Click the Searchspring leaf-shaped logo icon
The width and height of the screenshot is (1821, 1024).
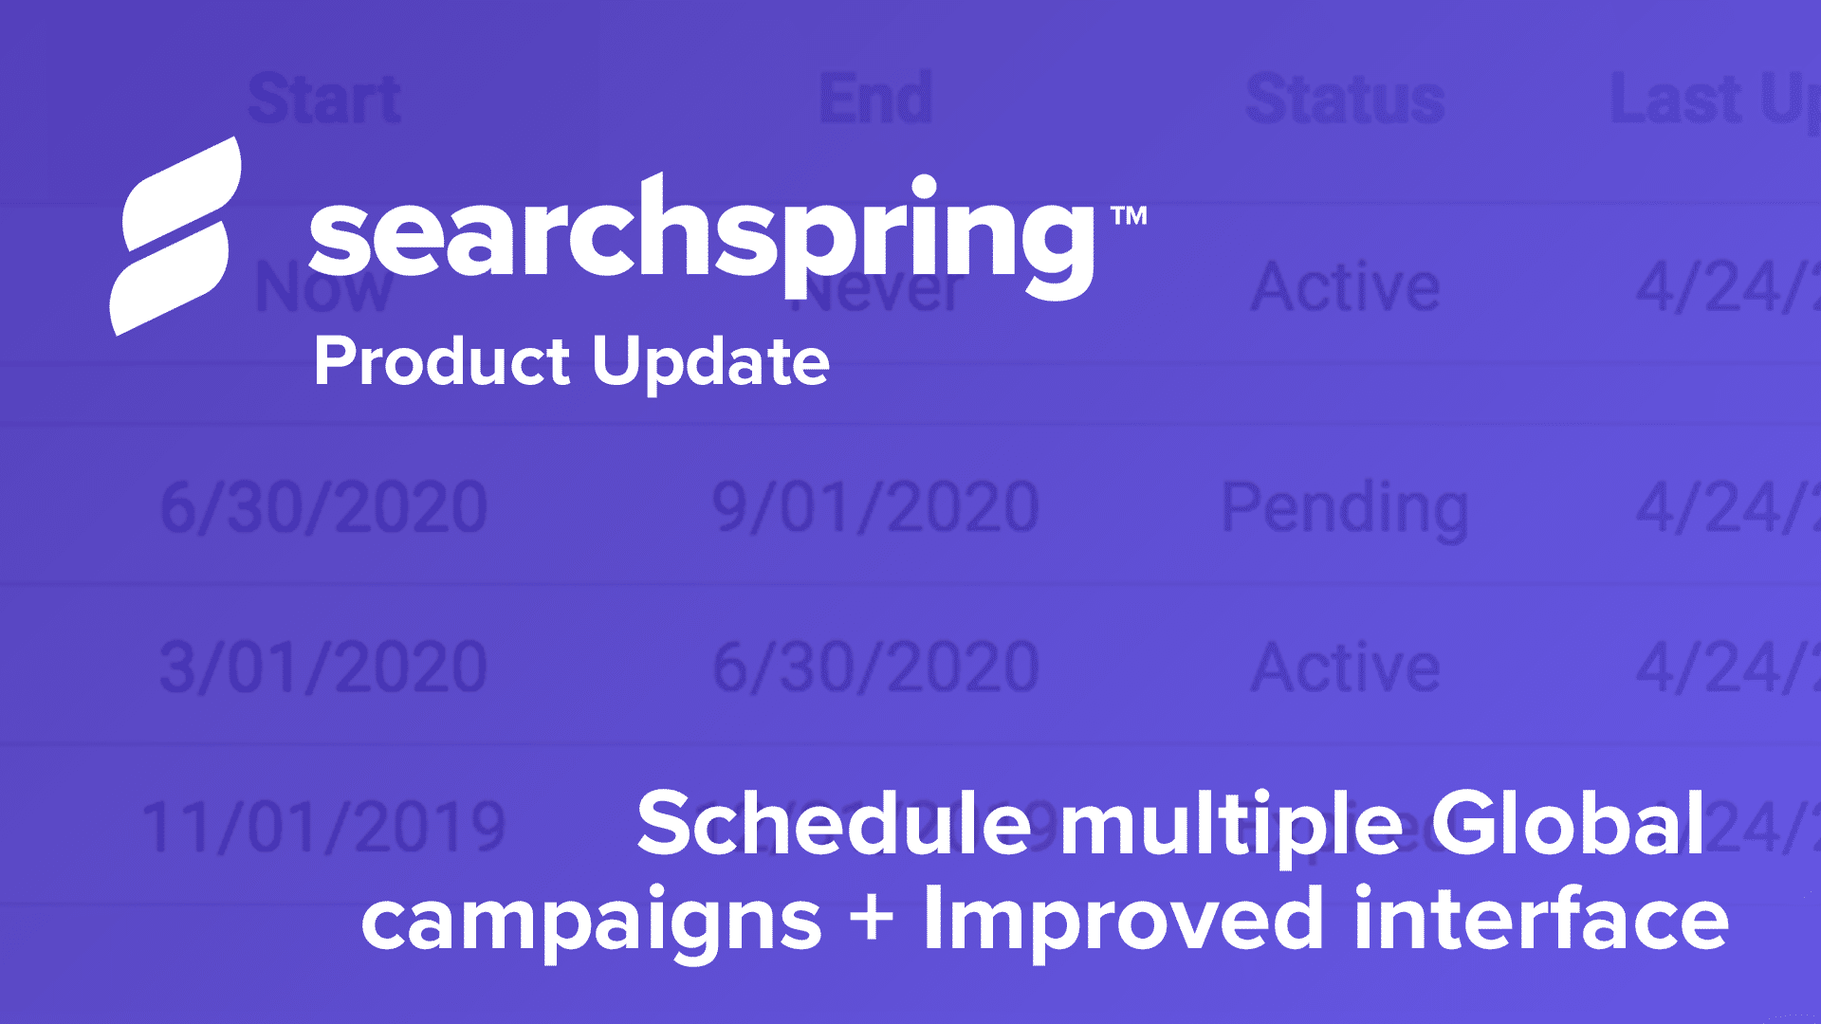[x=175, y=237]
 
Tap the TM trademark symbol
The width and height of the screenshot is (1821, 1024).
[x=1129, y=216]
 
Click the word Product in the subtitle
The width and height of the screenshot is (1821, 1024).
[x=442, y=362]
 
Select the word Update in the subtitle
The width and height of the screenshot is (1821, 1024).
[x=710, y=362]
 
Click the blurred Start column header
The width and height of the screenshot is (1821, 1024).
[x=324, y=99]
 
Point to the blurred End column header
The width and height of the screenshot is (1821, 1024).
[x=875, y=99]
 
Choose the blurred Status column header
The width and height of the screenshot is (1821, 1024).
[x=1345, y=99]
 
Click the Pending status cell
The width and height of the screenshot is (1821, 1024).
[x=1345, y=509]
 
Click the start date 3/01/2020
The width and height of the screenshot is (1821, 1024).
[x=323, y=667]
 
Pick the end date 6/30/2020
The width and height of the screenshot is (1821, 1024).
[x=875, y=667]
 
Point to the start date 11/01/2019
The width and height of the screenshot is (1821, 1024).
[x=323, y=828]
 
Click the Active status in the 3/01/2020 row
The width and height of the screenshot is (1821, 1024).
[x=1345, y=667]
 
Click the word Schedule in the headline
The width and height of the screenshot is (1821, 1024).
[x=834, y=823]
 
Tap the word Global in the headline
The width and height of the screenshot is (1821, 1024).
[x=1567, y=823]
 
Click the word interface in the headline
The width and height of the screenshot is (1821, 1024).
[x=1540, y=918]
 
